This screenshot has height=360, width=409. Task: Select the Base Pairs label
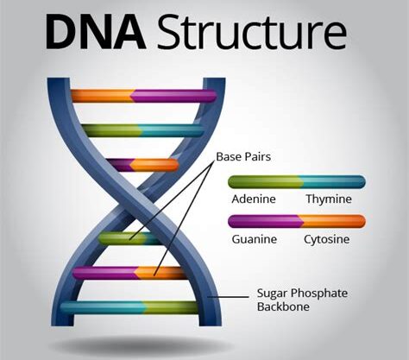(243, 157)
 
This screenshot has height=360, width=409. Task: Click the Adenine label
(254, 199)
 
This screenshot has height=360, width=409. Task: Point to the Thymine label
(329, 199)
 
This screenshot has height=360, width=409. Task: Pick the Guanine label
(255, 239)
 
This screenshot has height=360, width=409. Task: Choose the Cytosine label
(327, 239)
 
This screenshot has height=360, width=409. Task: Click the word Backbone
(283, 306)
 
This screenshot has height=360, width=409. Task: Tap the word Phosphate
(319, 294)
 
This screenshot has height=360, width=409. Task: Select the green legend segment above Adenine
(265, 182)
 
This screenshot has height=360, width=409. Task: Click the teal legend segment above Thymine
(333, 182)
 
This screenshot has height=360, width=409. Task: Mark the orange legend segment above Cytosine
(333, 222)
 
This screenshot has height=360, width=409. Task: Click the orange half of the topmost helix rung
(103, 96)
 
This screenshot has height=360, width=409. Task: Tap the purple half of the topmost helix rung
(173, 96)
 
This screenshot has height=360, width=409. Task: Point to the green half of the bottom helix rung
(171, 307)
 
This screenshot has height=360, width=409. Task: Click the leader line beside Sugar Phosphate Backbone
(228, 297)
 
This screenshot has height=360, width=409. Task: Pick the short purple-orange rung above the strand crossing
(142, 165)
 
